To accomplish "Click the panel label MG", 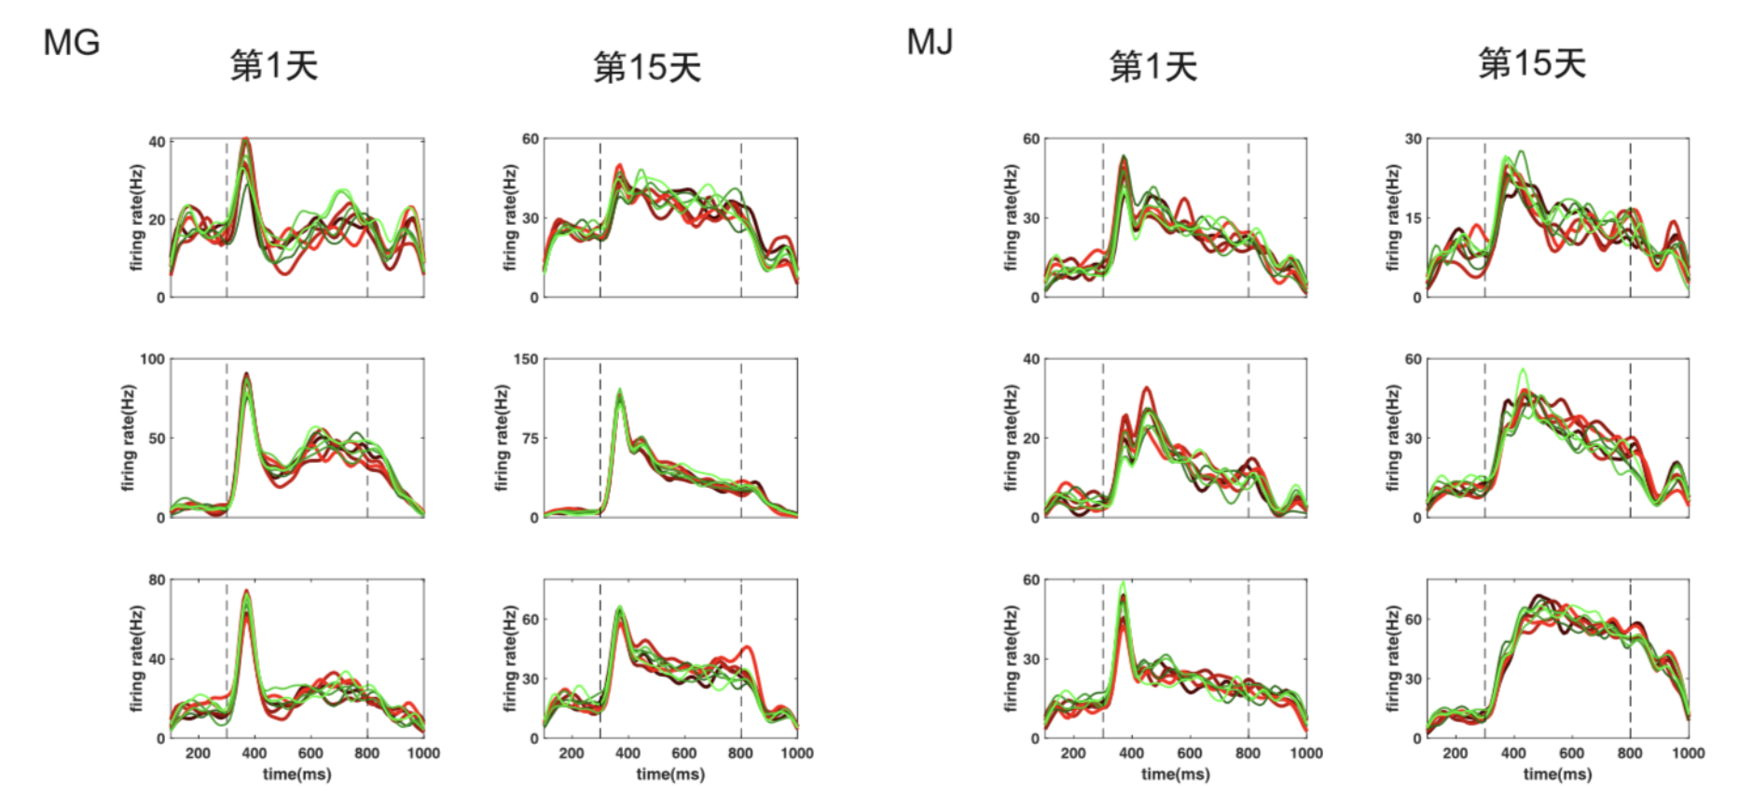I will [x=71, y=43].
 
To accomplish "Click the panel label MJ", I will [x=930, y=42].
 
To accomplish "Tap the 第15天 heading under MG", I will [x=647, y=67].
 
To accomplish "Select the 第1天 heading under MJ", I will [x=1153, y=66].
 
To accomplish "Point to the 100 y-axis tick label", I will [x=152, y=359].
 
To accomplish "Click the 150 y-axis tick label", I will [x=526, y=359].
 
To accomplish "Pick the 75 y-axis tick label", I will [x=530, y=439].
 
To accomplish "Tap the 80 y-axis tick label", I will [x=157, y=580].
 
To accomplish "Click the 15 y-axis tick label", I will [x=1414, y=218].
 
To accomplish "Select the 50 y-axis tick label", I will [x=157, y=439].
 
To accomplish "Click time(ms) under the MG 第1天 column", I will [x=297, y=774].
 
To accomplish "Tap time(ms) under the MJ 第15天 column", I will [x=1557, y=774].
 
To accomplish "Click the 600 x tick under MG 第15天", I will [x=683, y=753].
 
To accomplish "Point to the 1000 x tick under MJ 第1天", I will [x=1305, y=753].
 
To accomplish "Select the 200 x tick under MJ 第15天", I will [x=1455, y=753].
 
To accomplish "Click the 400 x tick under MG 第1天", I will [x=254, y=753].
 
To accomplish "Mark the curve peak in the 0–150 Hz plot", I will [x=620, y=391].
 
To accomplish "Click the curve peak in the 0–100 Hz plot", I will [x=246, y=374].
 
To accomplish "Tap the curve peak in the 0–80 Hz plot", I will [x=246, y=591].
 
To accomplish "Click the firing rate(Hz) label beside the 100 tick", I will [x=129, y=438].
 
